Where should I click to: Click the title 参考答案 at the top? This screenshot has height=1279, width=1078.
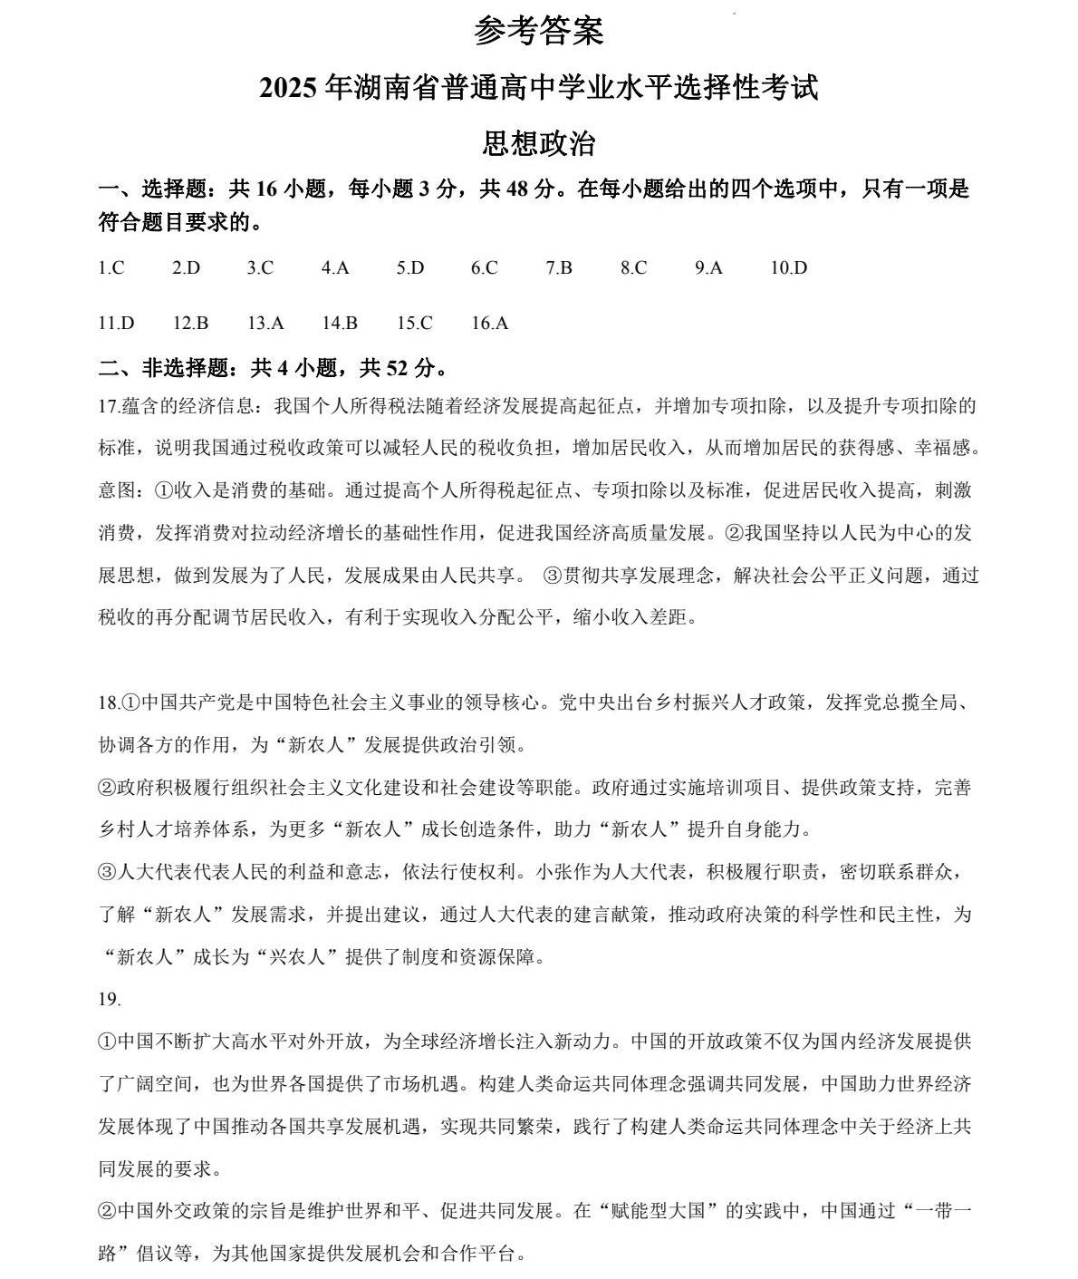[538, 33]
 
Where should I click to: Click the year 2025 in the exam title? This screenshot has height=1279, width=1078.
[287, 89]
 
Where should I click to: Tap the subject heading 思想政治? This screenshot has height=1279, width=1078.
[538, 144]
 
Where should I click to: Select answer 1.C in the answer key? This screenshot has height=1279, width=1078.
[111, 267]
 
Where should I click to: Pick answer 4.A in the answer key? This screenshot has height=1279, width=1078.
[335, 267]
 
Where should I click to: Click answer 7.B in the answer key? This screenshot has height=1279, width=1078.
[559, 267]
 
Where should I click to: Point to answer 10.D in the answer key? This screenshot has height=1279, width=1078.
[788, 267]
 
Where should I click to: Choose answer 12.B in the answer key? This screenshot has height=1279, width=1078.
[190, 323]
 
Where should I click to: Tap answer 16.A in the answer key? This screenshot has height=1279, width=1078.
[490, 323]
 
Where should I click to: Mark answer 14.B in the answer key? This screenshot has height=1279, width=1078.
[340, 323]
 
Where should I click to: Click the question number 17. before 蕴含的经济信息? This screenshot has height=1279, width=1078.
[109, 405]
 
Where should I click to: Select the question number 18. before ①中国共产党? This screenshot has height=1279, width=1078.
[109, 702]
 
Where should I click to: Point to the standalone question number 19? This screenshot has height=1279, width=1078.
[109, 999]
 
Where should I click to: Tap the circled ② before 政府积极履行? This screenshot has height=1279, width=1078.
[107, 788]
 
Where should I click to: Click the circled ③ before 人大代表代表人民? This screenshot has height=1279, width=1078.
[107, 872]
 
